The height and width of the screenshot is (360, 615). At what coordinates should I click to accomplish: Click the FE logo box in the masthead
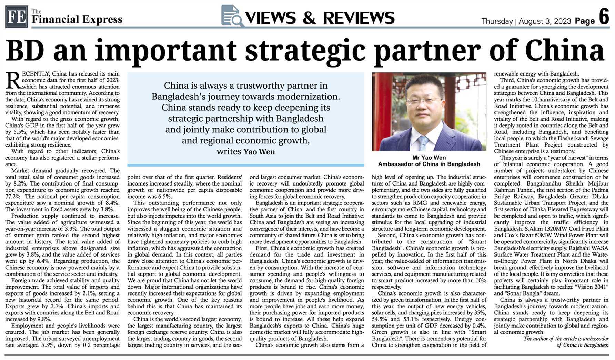click(x=16, y=17)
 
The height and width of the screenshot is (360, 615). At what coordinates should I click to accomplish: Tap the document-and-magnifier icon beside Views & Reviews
click(x=232, y=16)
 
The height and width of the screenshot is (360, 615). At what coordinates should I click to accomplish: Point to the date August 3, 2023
click(x=545, y=21)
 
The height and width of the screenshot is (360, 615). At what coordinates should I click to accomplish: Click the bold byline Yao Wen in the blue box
click(x=259, y=152)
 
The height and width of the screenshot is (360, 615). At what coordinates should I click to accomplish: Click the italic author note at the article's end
click(x=566, y=342)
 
